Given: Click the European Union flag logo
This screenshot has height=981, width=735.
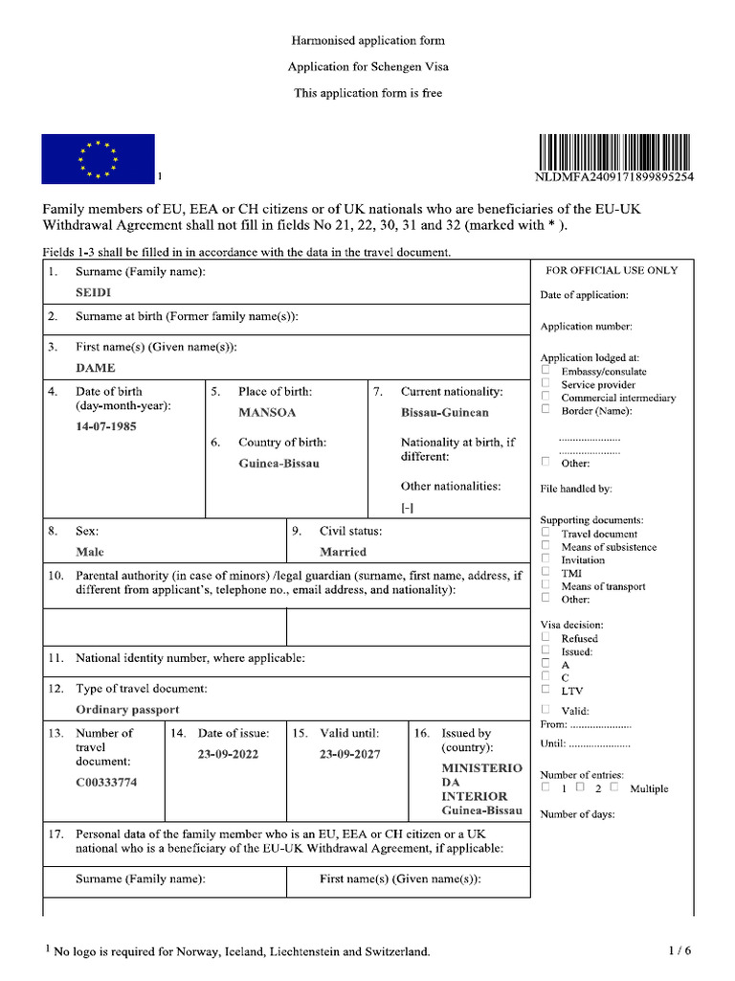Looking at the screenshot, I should (x=97, y=158).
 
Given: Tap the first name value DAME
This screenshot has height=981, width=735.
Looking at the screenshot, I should (x=96, y=367).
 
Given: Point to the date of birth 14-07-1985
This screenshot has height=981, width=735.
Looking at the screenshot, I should (x=106, y=425).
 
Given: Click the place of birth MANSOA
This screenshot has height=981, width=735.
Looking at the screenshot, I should (x=267, y=412).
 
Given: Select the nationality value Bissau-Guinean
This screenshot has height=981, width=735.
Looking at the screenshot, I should (x=444, y=412).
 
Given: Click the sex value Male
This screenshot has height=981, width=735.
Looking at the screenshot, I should (x=90, y=552).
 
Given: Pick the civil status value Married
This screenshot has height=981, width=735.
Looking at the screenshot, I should (x=343, y=552).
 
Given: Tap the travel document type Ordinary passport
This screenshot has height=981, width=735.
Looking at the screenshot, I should (x=127, y=710).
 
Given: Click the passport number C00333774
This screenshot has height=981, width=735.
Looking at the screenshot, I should (x=106, y=782).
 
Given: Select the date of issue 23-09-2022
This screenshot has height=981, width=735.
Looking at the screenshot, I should (x=228, y=754).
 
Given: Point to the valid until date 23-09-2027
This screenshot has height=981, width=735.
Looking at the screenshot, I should (x=349, y=754).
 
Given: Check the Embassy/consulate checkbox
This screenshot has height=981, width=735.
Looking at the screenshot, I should (x=546, y=370).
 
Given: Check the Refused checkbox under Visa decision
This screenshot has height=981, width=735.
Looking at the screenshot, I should (x=546, y=636).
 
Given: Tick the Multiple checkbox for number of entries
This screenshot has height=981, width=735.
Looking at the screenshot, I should (x=613, y=787).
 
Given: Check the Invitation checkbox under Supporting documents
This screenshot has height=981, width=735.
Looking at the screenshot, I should (x=546, y=559).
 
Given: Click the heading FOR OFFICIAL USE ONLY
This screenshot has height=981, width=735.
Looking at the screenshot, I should (x=611, y=270).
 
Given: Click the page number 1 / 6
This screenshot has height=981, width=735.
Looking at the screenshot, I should (x=679, y=950).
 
